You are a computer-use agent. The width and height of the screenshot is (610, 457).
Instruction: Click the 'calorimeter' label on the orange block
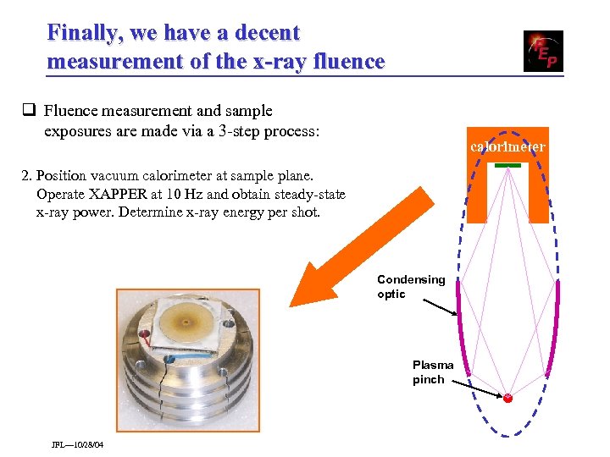click(507, 147)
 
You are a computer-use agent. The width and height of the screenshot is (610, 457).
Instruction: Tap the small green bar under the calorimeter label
click(507, 165)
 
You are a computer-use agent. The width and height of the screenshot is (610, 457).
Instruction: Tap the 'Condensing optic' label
click(411, 287)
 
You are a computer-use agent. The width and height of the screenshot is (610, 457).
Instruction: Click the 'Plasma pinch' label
click(433, 372)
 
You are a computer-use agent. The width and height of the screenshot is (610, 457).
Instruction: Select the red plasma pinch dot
click(507, 398)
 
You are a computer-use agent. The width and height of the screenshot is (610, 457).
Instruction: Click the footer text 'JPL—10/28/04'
click(77, 444)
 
